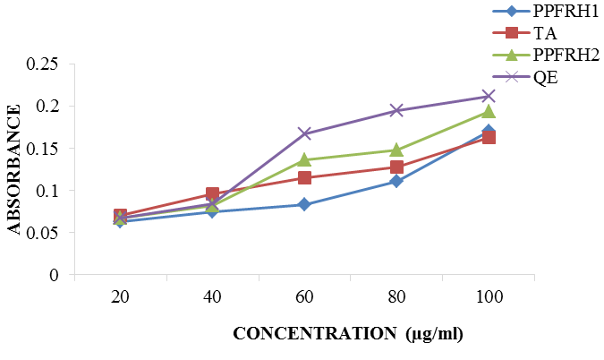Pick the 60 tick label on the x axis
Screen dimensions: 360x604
click(305, 296)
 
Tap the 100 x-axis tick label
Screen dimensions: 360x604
click(489, 296)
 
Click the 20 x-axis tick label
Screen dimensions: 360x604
click(121, 296)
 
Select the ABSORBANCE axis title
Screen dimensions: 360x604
click(15, 169)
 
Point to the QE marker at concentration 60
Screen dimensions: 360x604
click(304, 133)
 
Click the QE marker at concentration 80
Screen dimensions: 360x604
click(396, 111)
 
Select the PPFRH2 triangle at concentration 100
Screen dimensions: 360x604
click(489, 112)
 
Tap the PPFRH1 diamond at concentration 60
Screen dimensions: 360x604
click(304, 205)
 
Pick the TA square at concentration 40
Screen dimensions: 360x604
click(213, 193)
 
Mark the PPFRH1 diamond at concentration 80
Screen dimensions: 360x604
click(396, 182)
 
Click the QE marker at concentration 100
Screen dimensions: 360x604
click(489, 96)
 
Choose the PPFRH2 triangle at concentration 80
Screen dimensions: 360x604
click(396, 150)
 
